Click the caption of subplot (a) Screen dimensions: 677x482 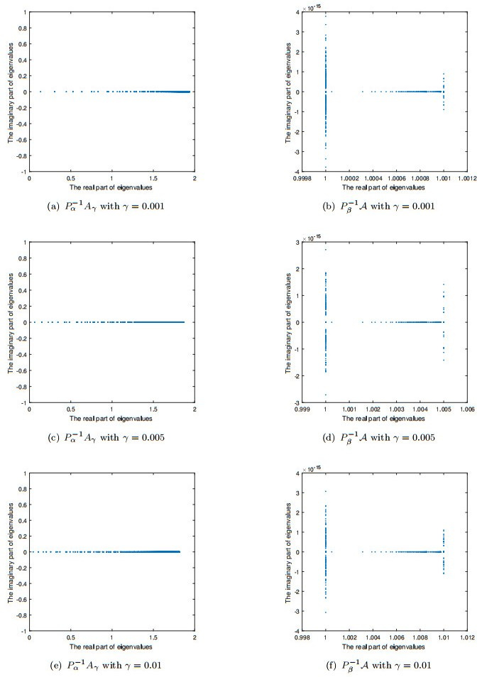(x=111, y=207)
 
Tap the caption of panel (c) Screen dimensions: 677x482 (x=111, y=437)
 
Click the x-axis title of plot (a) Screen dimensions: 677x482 (x=111, y=188)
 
